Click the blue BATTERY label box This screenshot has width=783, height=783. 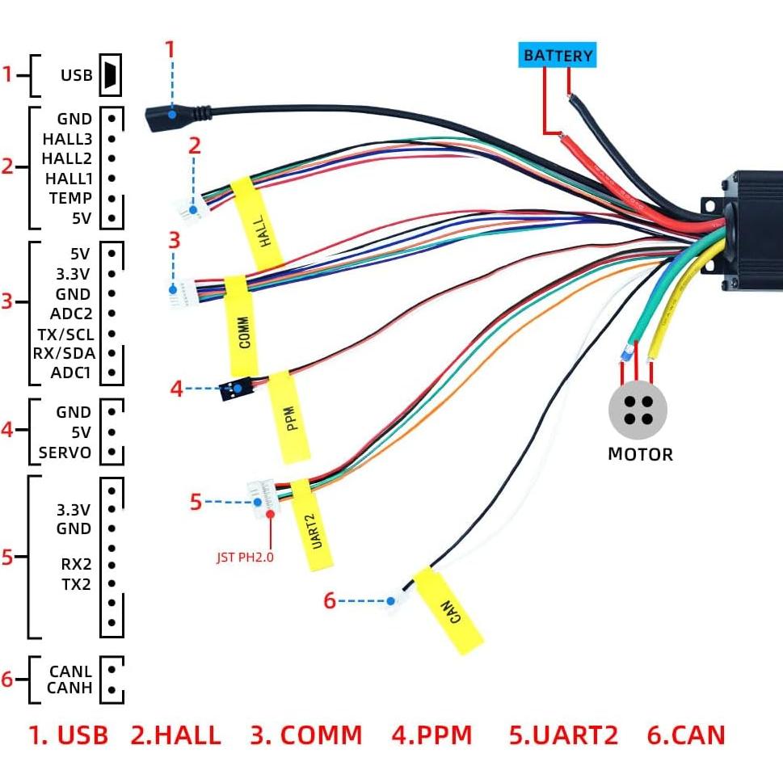(x=558, y=55)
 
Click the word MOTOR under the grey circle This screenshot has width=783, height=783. (x=639, y=454)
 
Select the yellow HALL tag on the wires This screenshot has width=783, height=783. (x=258, y=223)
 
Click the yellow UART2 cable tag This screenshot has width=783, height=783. (x=312, y=524)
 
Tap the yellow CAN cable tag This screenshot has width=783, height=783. (x=448, y=610)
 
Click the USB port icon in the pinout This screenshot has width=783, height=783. (x=110, y=76)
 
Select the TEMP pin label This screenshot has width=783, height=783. (x=69, y=198)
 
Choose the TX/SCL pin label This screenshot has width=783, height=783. (x=64, y=334)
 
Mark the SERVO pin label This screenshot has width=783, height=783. (x=65, y=453)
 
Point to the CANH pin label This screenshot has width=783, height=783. (x=69, y=688)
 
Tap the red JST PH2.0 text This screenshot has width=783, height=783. (x=245, y=557)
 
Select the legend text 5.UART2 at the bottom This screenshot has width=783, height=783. (x=563, y=735)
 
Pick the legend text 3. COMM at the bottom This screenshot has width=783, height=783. (x=305, y=735)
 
